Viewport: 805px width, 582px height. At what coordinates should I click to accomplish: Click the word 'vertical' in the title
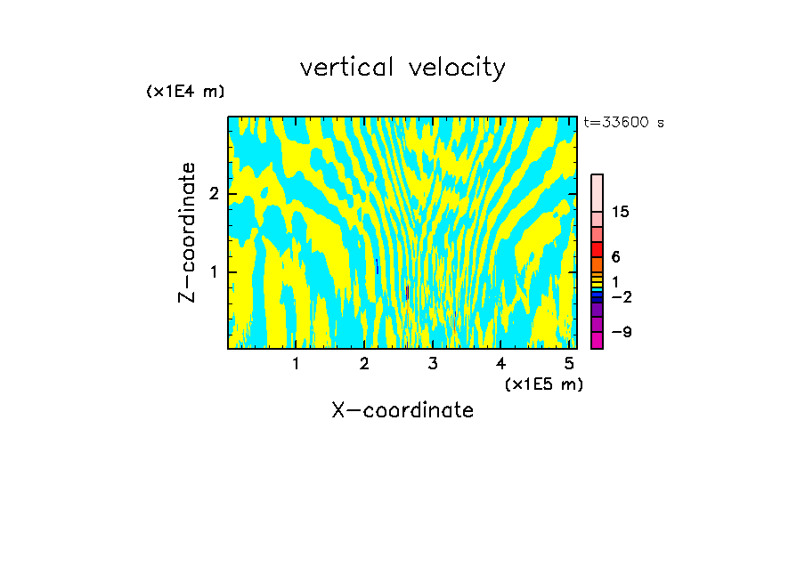pyautogui.click(x=344, y=68)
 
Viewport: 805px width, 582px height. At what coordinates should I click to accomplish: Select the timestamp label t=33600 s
pyautogui.click(x=623, y=123)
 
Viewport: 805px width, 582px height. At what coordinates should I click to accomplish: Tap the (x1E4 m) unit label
pyautogui.click(x=185, y=92)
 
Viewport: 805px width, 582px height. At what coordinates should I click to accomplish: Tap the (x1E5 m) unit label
pyautogui.click(x=543, y=384)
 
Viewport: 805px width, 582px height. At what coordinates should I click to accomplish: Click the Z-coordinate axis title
pyautogui.click(x=187, y=232)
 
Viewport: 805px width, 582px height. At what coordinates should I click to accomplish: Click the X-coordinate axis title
pyautogui.click(x=402, y=410)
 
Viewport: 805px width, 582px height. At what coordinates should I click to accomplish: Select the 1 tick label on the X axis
pyautogui.click(x=296, y=364)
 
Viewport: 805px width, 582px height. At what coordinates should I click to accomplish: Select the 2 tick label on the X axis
pyautogui.click(x=364, y=364)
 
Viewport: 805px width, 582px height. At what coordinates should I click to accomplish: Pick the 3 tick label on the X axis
pyautogui.click(x=433, y=364)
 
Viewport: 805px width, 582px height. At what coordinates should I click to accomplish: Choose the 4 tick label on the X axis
pyautogui.click(x=500, y=364)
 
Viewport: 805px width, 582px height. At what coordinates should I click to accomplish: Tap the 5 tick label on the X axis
pyautogui.click(x=569, y=364)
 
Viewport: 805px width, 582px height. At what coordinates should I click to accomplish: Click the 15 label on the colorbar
pyautogui.click(x=621, y=212)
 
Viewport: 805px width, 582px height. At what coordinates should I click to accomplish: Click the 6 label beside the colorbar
pyautogui.click(x=615, y=256)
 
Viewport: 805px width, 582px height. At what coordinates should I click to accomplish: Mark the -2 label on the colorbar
pyautogui.click(x=621, y=296)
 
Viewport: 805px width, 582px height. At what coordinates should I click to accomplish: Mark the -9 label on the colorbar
pyautogui.click(x=621, y=332)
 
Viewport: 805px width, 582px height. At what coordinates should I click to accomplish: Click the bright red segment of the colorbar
pyautogui.click(x=597, y=249)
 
